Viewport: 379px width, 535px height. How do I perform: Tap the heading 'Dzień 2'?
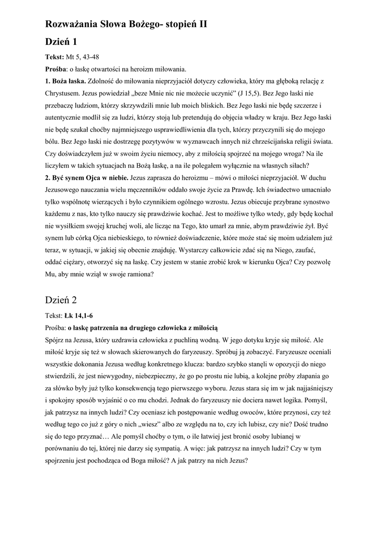click(61, 300)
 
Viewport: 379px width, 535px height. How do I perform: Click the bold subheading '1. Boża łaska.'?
click(65, 82)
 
